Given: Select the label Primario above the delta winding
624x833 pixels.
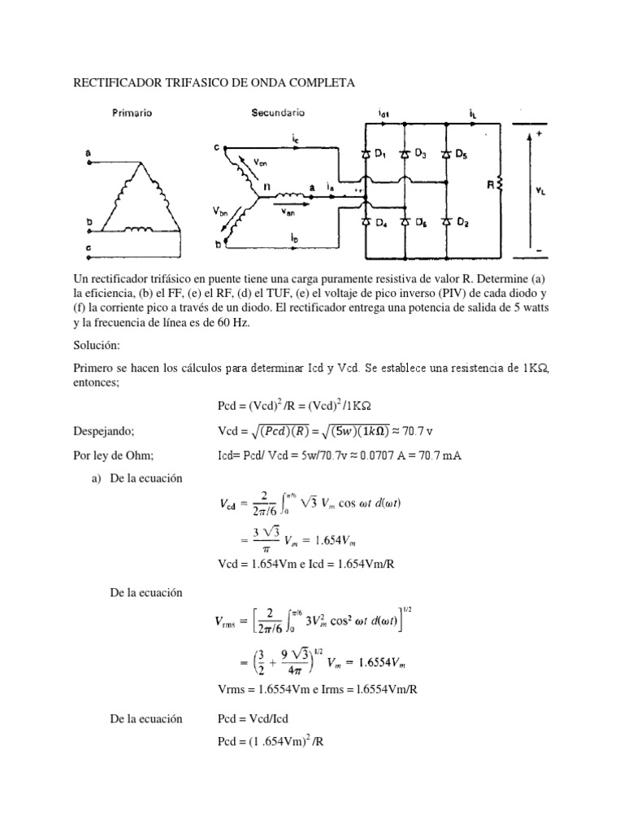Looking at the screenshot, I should pos(132,115).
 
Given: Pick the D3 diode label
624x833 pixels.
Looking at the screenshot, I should pos(421,155).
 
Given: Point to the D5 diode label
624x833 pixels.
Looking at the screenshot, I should pos(461,155).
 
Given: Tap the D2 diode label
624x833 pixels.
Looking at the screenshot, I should pos(461,222).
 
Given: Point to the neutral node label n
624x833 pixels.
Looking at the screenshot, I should pos(266,186).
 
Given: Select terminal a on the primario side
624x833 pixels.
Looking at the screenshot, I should pos(88,151).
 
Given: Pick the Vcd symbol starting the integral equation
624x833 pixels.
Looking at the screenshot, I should pos(234,504).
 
